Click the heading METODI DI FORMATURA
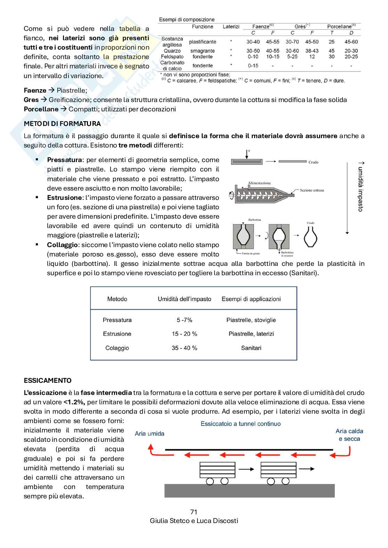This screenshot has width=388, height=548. tap(62, 124)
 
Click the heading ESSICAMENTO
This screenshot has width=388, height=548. tap(48, 380)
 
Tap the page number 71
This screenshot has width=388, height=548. tap(194, 512)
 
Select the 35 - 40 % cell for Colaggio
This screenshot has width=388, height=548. tap(184, 348)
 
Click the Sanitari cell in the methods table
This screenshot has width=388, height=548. tap(251, 348)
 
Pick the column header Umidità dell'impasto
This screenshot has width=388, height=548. tap(184, 299)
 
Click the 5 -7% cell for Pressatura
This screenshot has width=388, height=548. tap(184, 320)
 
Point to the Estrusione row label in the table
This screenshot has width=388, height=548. tap(117, 334)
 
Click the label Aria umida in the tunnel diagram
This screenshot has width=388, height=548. tap(149, 433)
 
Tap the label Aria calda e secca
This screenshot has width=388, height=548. tap(349, 435)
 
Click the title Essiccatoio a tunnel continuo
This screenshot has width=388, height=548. tap(241, 424)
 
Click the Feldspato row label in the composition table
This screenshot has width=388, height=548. tap(172, 57)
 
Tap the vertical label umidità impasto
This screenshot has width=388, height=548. tap(361, 187)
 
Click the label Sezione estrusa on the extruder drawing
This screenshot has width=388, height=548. tap(312, 190)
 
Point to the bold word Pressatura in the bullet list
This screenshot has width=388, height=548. tap(65, 160)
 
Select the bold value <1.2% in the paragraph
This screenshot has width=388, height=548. tap(74, 402)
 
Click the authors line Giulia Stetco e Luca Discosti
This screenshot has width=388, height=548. tap(194, 521)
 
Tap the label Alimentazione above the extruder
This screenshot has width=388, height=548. tap(259, 183)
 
